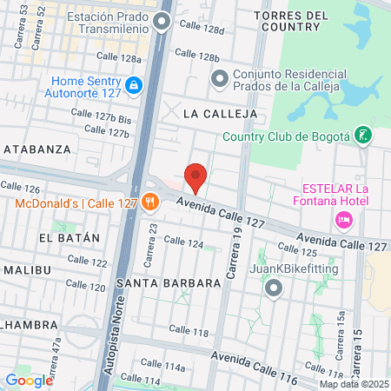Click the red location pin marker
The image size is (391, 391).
pos(196,176)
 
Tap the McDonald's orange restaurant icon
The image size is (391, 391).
pos(150,202)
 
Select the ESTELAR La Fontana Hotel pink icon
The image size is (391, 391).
pos(344,222)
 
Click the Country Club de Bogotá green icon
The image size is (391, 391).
pos(365,136)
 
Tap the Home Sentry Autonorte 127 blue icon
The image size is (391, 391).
pos(134,85)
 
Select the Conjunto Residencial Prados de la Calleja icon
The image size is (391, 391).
pos(219,79)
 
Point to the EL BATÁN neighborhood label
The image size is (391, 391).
pos(70,236)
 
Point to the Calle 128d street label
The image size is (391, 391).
pos(199,30)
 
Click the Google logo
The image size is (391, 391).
pos(29,380)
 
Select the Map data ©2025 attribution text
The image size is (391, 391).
pos(353,384)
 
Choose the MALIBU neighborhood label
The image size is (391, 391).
pos(26,269)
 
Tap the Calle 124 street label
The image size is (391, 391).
pos(183,244)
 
